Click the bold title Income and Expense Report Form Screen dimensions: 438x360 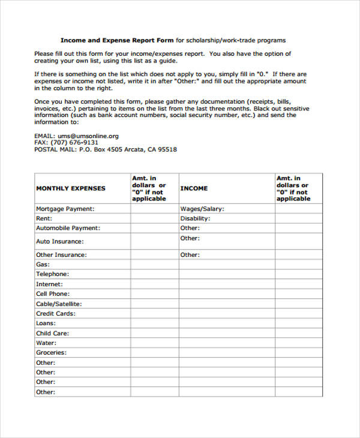tap(117, 40)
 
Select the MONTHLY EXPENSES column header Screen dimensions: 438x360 tap(70, 188)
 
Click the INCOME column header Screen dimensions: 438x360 tap(194, 188)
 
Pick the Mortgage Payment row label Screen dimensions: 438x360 tap(65, 209)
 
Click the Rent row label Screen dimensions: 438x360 tap(44, 218)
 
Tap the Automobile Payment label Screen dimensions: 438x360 tap(68, 228)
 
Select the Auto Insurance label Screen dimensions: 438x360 tap(59, 241)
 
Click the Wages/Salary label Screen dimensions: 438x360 tap(202, 209)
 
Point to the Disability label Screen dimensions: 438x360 tap(195, 218)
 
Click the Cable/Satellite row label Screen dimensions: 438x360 tap(59, 304)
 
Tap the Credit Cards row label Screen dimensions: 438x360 tap(55, 313)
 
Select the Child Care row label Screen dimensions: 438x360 tap(52, 333)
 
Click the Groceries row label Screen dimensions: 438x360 tap(51, 353)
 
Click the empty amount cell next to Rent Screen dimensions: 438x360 tap(154, 218)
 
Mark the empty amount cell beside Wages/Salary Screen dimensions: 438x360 tap(298, 209)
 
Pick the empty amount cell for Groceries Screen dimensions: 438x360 tap(154, 353)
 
